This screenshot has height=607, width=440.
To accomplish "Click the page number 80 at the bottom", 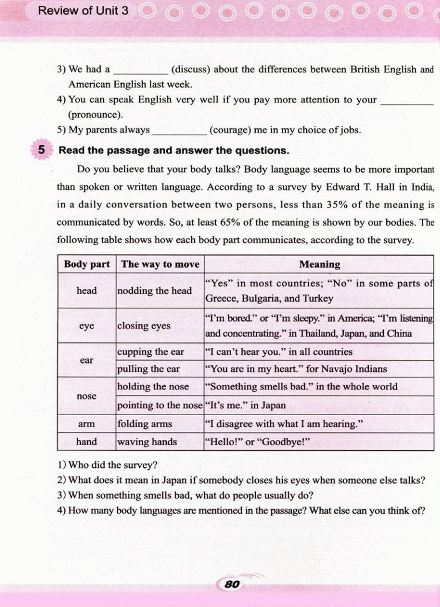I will (x=232, y=584).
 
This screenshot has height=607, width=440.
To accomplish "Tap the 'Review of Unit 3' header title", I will (x=83, y=11).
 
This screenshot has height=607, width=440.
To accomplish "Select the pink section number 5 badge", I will (x=41, y=150).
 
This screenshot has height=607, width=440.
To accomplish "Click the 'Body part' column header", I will (x=87, y=264).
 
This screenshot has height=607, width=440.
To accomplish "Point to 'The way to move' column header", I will (x=160, y=264).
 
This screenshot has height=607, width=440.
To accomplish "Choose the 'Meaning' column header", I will (x=319, y=264).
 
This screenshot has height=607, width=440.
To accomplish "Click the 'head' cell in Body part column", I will (x=87, y=290).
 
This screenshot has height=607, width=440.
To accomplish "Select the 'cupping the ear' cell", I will (x=150, y=352).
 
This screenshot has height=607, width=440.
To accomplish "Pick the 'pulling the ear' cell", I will (x=149, y=369).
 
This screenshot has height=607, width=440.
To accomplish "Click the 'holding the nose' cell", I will (x=153, y=387).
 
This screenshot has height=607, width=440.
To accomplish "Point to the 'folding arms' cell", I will (x=145, y=424).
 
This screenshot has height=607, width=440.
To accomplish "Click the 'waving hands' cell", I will (x=147, y=442).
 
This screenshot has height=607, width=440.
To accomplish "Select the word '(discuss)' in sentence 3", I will (x=190, y=69).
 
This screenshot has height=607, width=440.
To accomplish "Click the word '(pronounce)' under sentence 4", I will (x=95, y=115).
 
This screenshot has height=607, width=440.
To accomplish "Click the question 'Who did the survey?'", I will (x=113, y=465).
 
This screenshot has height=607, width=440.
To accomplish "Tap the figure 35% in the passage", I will (x=337, y=205).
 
